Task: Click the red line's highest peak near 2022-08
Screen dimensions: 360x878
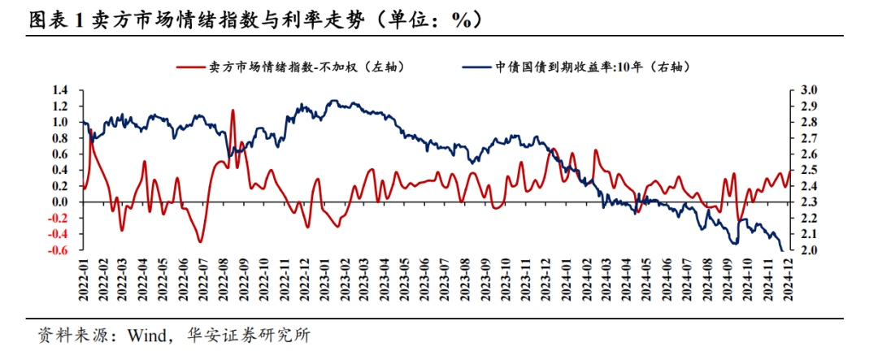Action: coord(233,111)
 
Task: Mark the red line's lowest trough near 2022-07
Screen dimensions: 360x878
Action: coord(200,241)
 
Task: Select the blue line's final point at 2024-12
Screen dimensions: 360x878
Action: coord(783,250)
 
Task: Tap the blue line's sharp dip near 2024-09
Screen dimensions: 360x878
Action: coord(735,242)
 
